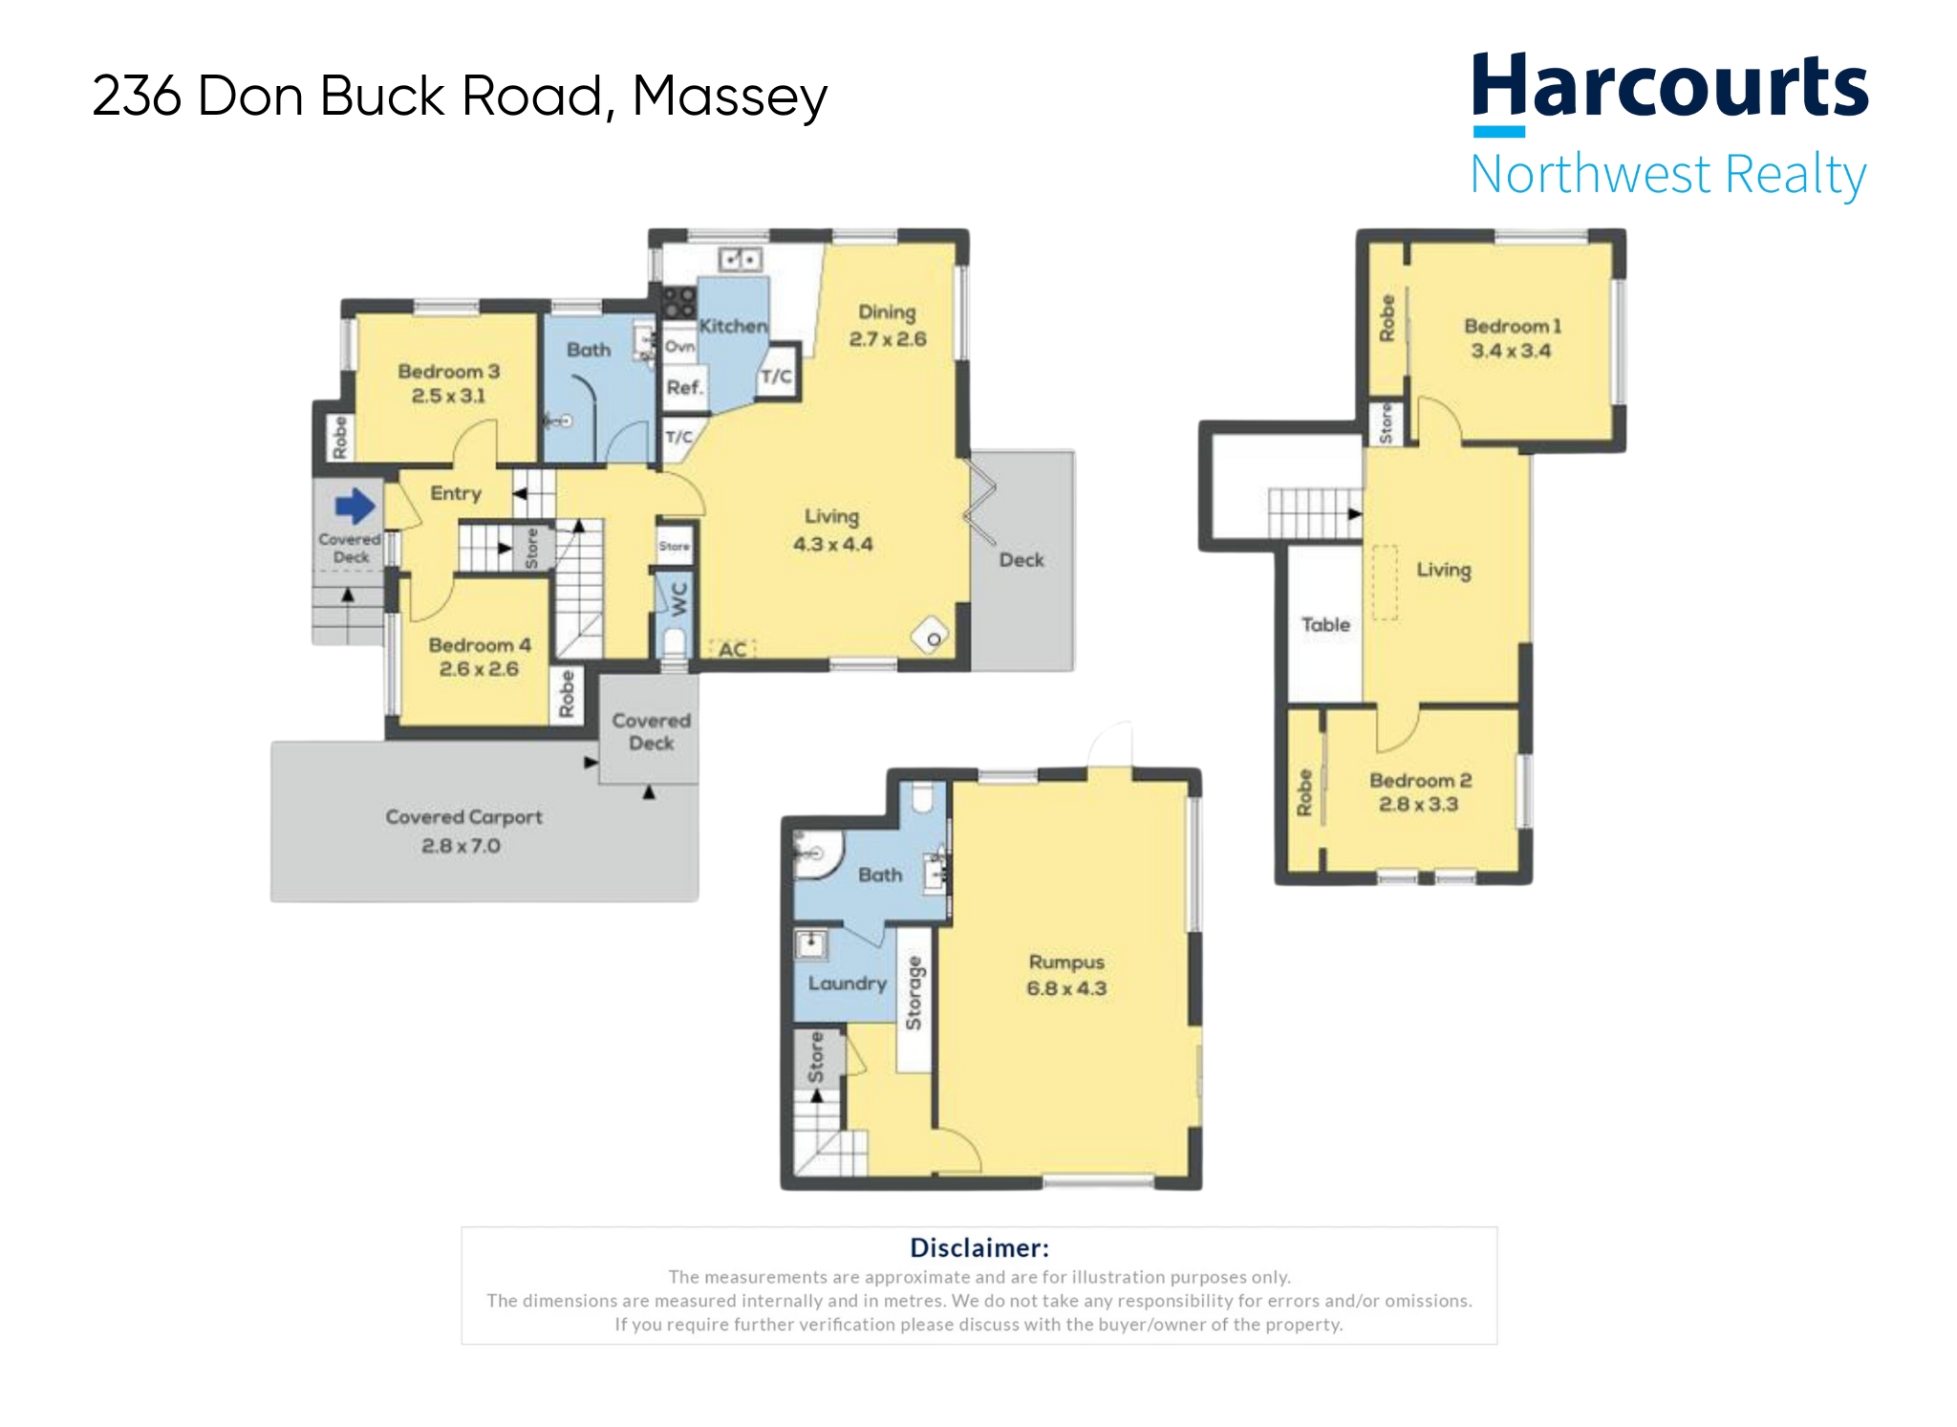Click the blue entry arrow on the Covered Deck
coord(355,506)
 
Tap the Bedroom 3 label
coord(448,371)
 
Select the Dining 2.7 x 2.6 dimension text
coord(888,339)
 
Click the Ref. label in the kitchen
coord(684,387)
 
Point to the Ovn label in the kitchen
coord(679,346)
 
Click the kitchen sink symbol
coord(740,259)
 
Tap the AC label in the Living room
coord(732,650)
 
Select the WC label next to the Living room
coord(678,598)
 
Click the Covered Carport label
coord(463,817)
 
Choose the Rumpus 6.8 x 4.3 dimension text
coord(1066,988)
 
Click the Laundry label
coord(848,983)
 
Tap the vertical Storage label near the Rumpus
coord(914,993)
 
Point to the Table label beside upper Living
coord(1325,624)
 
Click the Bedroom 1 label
coord(1513,326)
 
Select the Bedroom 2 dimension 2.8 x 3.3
coord(1418,805)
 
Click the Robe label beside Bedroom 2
coord(1303,793)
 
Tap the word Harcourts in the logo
coord(1669,86)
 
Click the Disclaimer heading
coord(978,1247)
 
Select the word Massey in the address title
coord(729,97)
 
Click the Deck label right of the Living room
coord(1021,560)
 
